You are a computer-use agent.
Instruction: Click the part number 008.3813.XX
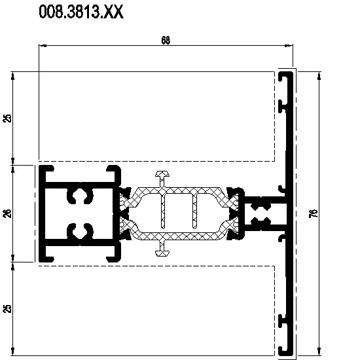click(x=81, y=12)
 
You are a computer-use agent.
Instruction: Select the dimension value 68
click(x=166, y=41)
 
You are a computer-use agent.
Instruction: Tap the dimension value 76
click(x=315, y=213)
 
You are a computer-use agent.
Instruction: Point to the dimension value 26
click(x=8, y=213)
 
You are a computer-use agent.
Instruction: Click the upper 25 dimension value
click(x=8, y=118)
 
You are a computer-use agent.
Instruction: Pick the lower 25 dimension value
click(x=8, y=308)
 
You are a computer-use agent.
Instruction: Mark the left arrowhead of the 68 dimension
click(x=43, y=46)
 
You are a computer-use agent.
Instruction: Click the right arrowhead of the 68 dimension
click(x=289, y=46)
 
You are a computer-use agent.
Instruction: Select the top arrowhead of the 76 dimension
click(x=319, y=76)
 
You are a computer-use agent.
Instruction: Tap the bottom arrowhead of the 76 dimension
click(x=319, y=351)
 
